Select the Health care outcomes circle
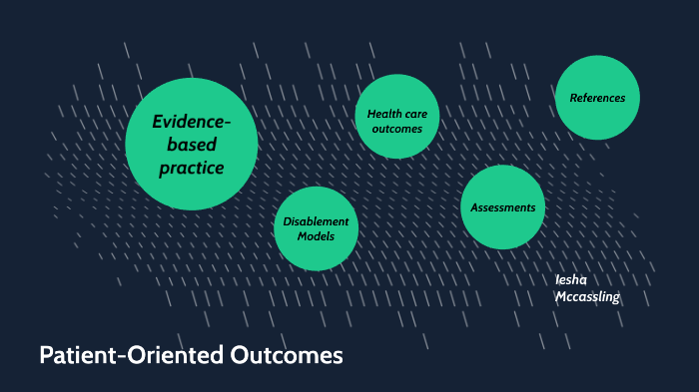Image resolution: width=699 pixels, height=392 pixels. tap(397, 116)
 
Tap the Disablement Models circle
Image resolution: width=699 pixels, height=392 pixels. tap(316, 227)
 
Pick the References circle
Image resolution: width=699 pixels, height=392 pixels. tap(597, 97)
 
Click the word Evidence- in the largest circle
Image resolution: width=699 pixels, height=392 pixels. tap(191, 122)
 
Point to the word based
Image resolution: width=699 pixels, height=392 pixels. tap(192, 145)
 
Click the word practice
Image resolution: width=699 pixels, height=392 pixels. tap(192, 168)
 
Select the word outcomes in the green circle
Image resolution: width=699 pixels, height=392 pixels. tap(397, 129)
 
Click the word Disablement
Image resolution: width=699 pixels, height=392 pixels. tap(316, 220)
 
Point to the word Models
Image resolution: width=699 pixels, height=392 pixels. tap(316, 235)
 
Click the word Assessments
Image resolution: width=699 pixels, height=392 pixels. tap(502, 207)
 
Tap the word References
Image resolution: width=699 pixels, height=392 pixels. tap(597, 98)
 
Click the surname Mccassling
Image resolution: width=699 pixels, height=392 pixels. tap(587, 296)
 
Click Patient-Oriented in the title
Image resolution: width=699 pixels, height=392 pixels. tap(120, 355)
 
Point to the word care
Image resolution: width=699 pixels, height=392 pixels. tap(417, 114)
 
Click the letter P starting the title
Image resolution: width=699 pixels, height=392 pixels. tap(46, 355)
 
